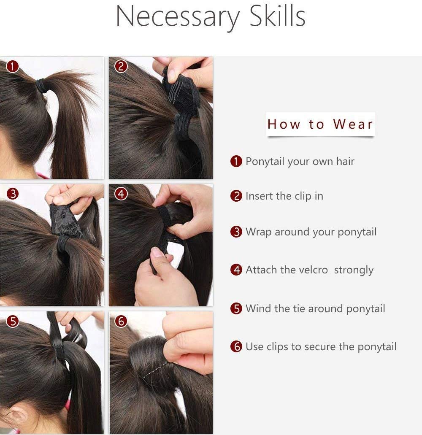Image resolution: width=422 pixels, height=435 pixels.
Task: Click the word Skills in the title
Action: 277,16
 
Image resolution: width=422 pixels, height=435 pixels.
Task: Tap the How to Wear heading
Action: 320,124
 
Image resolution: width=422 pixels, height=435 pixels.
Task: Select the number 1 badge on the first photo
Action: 13,67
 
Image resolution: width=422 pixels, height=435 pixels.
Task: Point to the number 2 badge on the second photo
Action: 121,67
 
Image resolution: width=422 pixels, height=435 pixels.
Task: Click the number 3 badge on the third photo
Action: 13,194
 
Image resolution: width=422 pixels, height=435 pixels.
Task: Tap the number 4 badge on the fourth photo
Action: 121,194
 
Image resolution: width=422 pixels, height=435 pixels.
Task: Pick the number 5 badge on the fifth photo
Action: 13,321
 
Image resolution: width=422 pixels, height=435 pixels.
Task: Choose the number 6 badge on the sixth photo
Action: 121,321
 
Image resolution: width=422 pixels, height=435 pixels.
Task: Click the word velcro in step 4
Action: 314,270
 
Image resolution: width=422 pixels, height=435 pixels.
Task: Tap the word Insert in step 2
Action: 259,196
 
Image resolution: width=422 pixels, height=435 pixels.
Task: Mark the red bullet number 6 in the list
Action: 236,346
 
